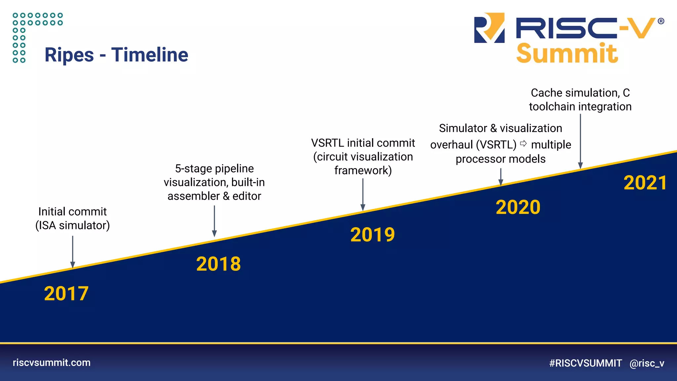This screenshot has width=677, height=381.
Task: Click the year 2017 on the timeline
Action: tap(66, 294)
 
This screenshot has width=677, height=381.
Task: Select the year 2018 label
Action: tap(219, 264)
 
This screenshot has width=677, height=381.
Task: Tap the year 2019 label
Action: tap(373, 235)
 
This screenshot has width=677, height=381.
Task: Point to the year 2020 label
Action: tap(518, 207)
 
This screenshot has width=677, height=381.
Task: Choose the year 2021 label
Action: tap(645, 183)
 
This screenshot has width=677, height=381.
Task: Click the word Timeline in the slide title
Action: tap(150, 55)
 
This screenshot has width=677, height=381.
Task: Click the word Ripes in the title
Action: tap(69, 55)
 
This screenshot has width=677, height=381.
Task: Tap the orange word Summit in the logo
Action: tap(567, 54)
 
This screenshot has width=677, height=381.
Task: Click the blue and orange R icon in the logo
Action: tap(489, 28)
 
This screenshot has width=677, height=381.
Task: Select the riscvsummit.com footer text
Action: tap(52, 362)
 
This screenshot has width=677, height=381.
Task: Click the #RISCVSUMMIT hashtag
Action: tap(585, 363)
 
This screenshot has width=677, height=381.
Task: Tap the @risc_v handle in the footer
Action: tap(647, 363)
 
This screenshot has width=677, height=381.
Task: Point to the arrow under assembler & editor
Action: tap(214, 221)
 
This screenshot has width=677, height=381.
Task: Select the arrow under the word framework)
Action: tap(363, 194)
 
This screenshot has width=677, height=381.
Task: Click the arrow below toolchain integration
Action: tap(580, 142)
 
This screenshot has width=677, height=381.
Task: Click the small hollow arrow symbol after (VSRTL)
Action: tap(523, 144)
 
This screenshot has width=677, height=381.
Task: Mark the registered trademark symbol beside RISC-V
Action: tap(661, 21)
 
